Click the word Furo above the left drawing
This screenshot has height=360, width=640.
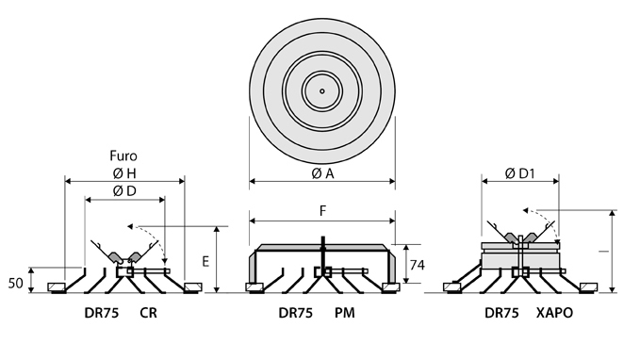123,155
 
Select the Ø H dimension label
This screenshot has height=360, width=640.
124,173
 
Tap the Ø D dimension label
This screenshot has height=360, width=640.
124,191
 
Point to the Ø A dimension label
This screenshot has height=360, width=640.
322,174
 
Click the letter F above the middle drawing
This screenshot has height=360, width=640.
322,211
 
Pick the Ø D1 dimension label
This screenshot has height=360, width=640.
519,174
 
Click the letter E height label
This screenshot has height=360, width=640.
205,261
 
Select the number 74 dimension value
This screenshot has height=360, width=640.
418,266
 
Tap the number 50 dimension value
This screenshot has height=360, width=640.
15,284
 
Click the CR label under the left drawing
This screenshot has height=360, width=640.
148,313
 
